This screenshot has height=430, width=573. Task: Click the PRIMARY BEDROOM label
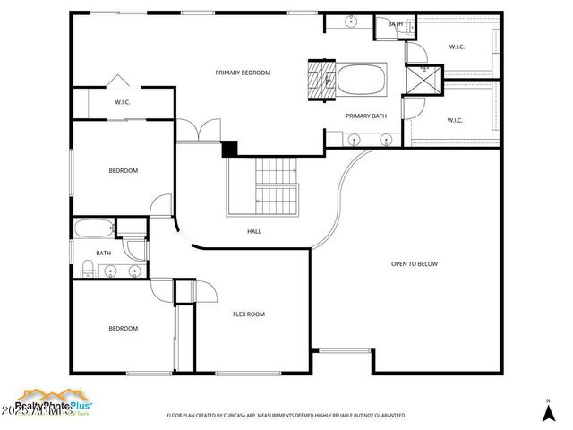(242, 73)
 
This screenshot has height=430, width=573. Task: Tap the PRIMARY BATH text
(366, 116)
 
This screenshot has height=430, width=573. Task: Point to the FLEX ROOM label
(249, 314)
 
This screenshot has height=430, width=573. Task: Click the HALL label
(254, 231)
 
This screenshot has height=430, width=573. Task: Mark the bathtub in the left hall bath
(93, 229)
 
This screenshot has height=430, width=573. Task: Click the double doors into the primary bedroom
(198, 131)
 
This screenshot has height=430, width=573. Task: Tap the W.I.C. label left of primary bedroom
(123, 102)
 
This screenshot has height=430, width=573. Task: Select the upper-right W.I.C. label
(455, 47)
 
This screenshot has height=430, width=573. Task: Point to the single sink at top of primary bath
(352, 21)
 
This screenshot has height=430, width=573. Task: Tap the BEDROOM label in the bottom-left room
(123, 329)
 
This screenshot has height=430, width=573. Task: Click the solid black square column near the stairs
(229, 149)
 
